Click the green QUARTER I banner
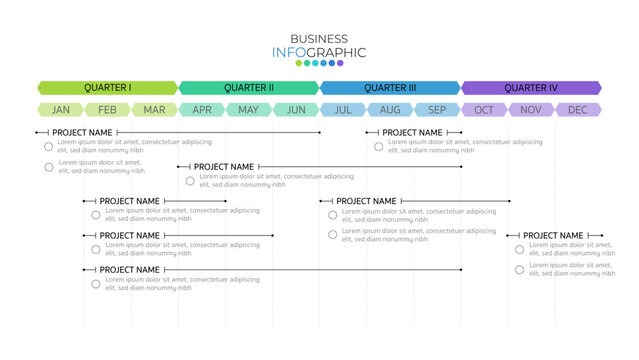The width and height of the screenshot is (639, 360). [x=107, y=88]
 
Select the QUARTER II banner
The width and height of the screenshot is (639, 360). [x=249, y=88]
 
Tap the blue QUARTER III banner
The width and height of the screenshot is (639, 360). [x=390, y=88]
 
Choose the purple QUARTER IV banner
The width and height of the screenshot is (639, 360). [x=531, y=88]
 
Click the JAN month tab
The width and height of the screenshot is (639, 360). [x=61, y=110]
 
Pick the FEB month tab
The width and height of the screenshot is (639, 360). [x=107, y=110]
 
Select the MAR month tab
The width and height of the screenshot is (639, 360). [x=154, y=110]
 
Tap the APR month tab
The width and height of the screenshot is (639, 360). [x=202, y=110]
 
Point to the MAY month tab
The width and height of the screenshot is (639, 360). [x=249, y=110]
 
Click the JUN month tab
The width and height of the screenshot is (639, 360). [x=296, y=110]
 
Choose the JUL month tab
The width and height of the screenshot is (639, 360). [x=343, y=110]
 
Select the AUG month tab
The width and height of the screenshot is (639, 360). [x=390, y=110]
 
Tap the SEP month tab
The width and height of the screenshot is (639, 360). [x=437, y=110]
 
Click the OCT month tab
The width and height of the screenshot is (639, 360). [x=484, y=110]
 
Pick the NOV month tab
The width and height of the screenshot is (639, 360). [x=531, y=110]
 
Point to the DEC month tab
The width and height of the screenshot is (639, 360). [x=578, y=110]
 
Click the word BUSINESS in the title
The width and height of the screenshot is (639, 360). [x=319, y=39]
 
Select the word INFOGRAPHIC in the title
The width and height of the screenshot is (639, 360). [x=319, y=52]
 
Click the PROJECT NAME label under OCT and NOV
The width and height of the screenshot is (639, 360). [x=553, y=236]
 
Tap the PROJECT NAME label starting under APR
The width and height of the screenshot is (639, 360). [x=224, y=167]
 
